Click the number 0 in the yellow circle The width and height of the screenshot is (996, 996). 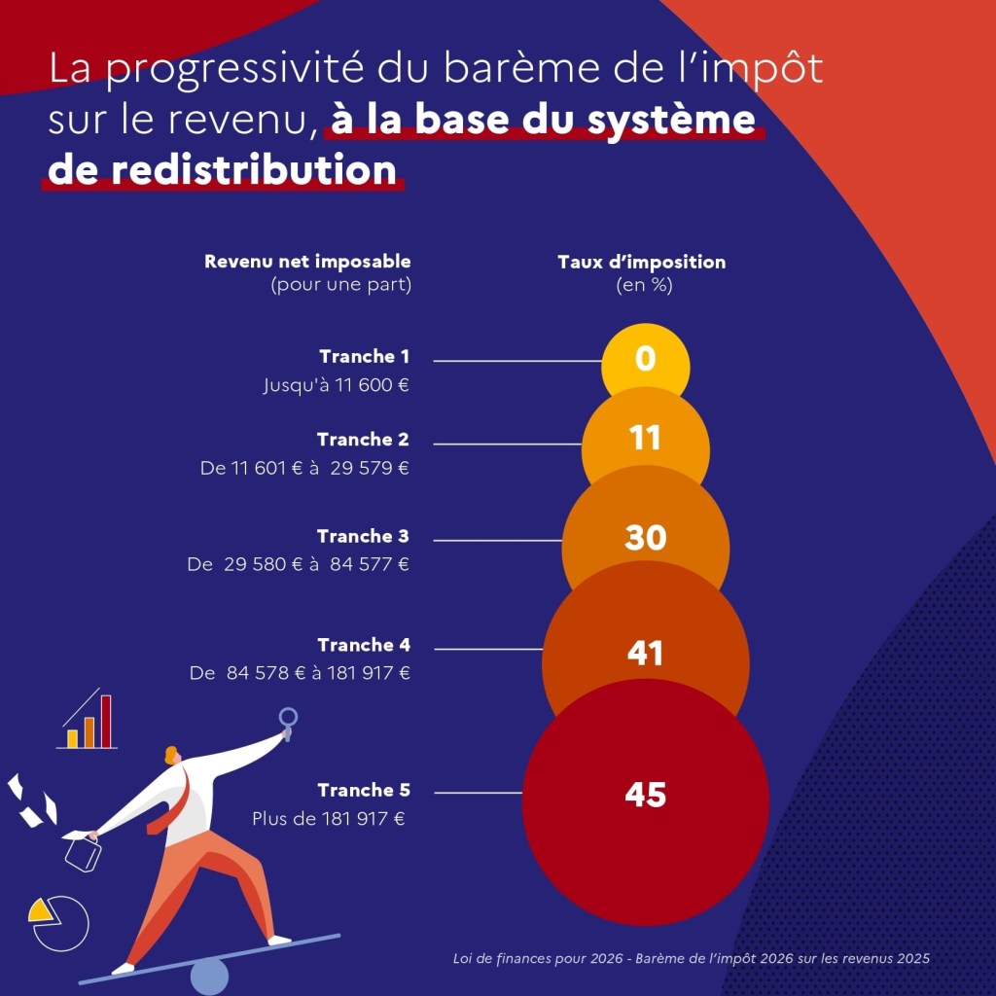pyautogui.click(x=646, y=358)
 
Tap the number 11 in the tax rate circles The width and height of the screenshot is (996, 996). pyautogui.click(x=645, y=438)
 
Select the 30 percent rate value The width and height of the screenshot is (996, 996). pyautogui.click(x=646, y=537)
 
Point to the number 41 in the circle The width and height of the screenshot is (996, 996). pyautogui.click(x=646, y=653)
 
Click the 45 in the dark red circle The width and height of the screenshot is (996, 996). pyautogui.click(x=646, y=795)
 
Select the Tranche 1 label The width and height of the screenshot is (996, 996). pyautogui.click(x=364, y=356)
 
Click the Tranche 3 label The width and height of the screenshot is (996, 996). pyautogui.click(x=363, y=536)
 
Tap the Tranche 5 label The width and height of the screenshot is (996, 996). pyautogui.click(x=364, y=790)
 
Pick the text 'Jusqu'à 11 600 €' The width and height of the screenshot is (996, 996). pyautogui.click(x=336, y=385)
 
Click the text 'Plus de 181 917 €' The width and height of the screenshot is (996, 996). pyautogui.click(x=329, y=818)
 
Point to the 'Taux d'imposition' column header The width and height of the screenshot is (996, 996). pyautogui.click(x=642, y=262)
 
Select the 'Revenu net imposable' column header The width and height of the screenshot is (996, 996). pyautogui.click(x=307, y=261)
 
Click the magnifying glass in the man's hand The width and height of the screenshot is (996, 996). pyautogui.click(x=288, y=724)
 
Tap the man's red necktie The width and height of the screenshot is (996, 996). pyautogui.click(x=170, y=801)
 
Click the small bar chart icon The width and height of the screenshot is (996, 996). pyautogui.click(x=87, y=719)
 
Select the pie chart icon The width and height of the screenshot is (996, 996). pyautogui.click(x=59, y=924)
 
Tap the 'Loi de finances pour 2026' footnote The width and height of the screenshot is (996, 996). pyautogui.click(x=538, y=958)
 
